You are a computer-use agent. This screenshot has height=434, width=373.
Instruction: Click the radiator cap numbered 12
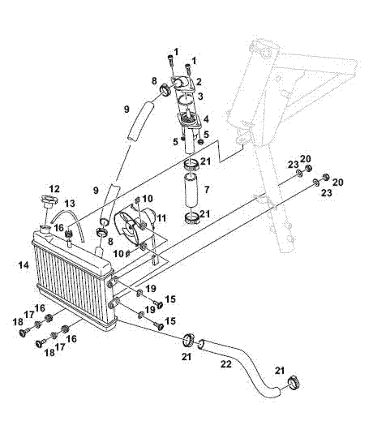point(49,201)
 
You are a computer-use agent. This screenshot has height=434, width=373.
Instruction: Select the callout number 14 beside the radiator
point(24,265)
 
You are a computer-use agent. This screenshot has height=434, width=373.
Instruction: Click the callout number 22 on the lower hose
point(225,364)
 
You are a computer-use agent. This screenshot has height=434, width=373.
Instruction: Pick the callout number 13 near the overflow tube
point(70,204)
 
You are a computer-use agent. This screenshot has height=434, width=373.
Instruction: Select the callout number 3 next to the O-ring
point(200,96)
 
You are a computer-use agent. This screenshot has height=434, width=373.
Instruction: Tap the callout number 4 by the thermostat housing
point(206,119)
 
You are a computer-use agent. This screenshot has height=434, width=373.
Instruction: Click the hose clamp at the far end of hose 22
point(294,383)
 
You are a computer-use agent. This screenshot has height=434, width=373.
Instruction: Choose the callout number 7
point(207,190)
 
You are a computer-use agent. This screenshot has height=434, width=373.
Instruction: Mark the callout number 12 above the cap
point(54,189)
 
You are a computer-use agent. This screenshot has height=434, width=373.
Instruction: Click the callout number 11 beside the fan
point(161,218)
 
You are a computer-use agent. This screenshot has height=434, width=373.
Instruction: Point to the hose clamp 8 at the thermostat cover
point(166,90)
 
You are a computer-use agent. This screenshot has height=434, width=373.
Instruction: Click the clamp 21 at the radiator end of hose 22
point(189,340)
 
